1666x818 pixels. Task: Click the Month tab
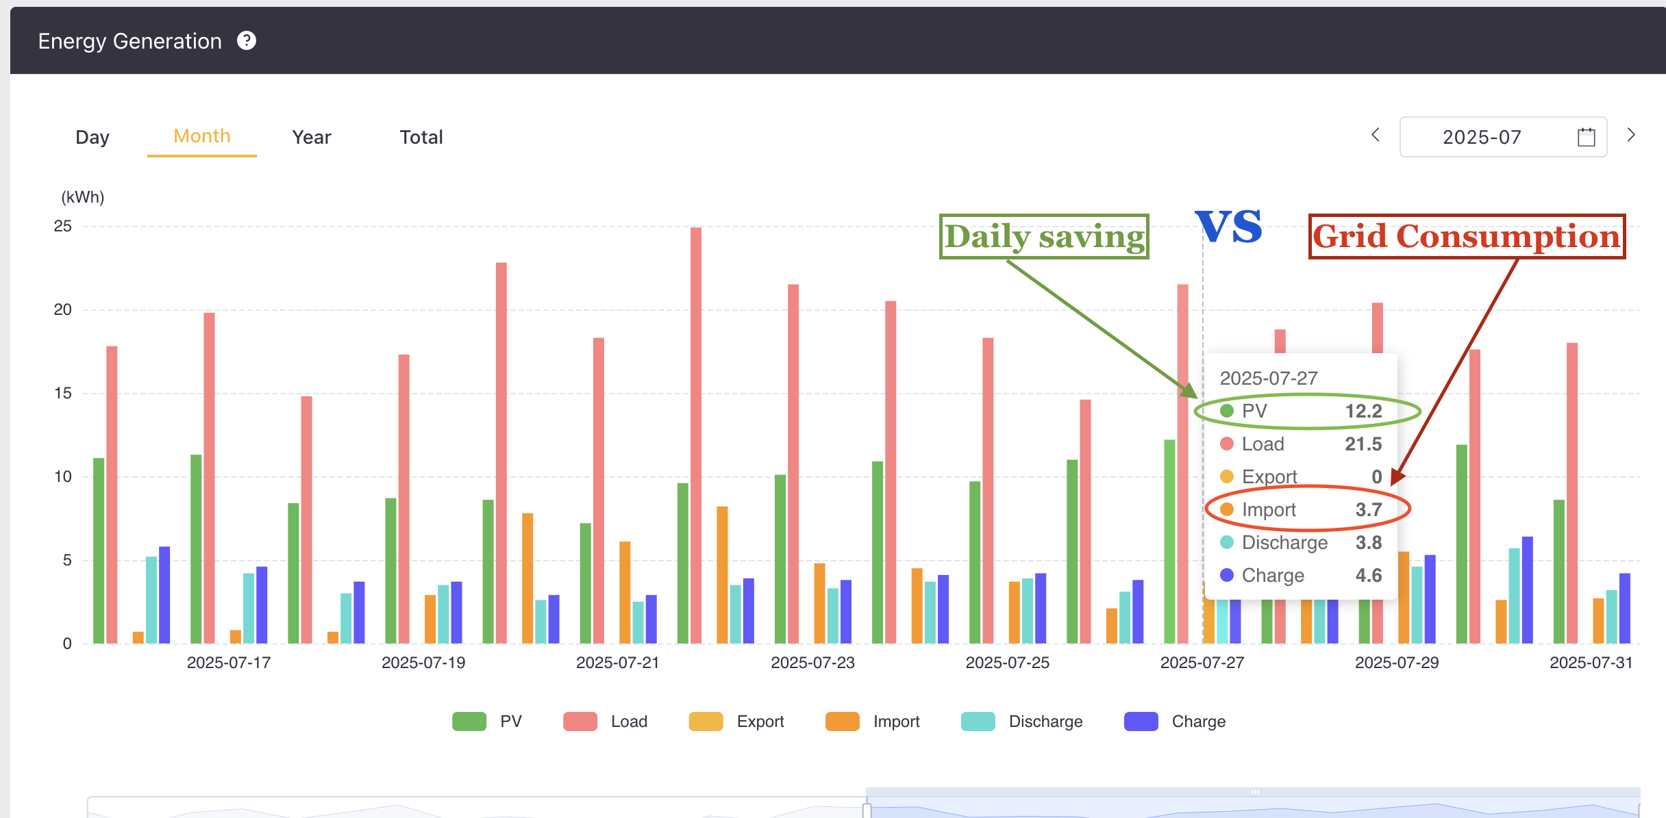pyautogui.click(x=202, y=136)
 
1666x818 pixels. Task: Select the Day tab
pyautogui.click(x=92, y=138)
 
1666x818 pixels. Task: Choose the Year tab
pyautogui.click(x=312, y=138)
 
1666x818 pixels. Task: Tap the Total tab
pyautogui.click(x=421, y=138)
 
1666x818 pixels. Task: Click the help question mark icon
pyautogui.click(x=247, y=41)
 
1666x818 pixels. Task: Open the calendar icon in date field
pyautogui.click(x=1587, y=137)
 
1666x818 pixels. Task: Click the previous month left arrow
pyautogui.click(x=1376, y=135)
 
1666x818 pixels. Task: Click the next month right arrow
pyautogui.click(x=1631, y=135)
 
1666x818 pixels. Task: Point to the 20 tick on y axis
pyautogui.click(x=62, y=310)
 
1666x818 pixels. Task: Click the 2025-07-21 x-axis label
pyautogui.click(x=618, y=663)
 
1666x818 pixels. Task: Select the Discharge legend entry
pyautogui.click(x=1021, y=721)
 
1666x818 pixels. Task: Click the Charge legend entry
pyautogui.click(x=1175, y=721)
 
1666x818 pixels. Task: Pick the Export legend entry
pyautogui.click(x=736, y=721)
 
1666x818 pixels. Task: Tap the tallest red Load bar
pyautogui.click(x=696, y=435)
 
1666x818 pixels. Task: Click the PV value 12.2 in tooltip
pyautogui.click(x=1364, y=411)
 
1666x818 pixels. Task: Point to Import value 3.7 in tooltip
pyautogui.click(x=1369, y=510)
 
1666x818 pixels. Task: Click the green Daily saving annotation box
pyautogui.click(x=1044, y=237)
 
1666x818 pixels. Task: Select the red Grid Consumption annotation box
pyautogui.click(x=1467, y=237)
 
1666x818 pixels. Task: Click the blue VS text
pyautogui.click(x=1228, y=227)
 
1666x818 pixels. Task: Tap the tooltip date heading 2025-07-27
pyautogui.click(x=1269, y=379)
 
